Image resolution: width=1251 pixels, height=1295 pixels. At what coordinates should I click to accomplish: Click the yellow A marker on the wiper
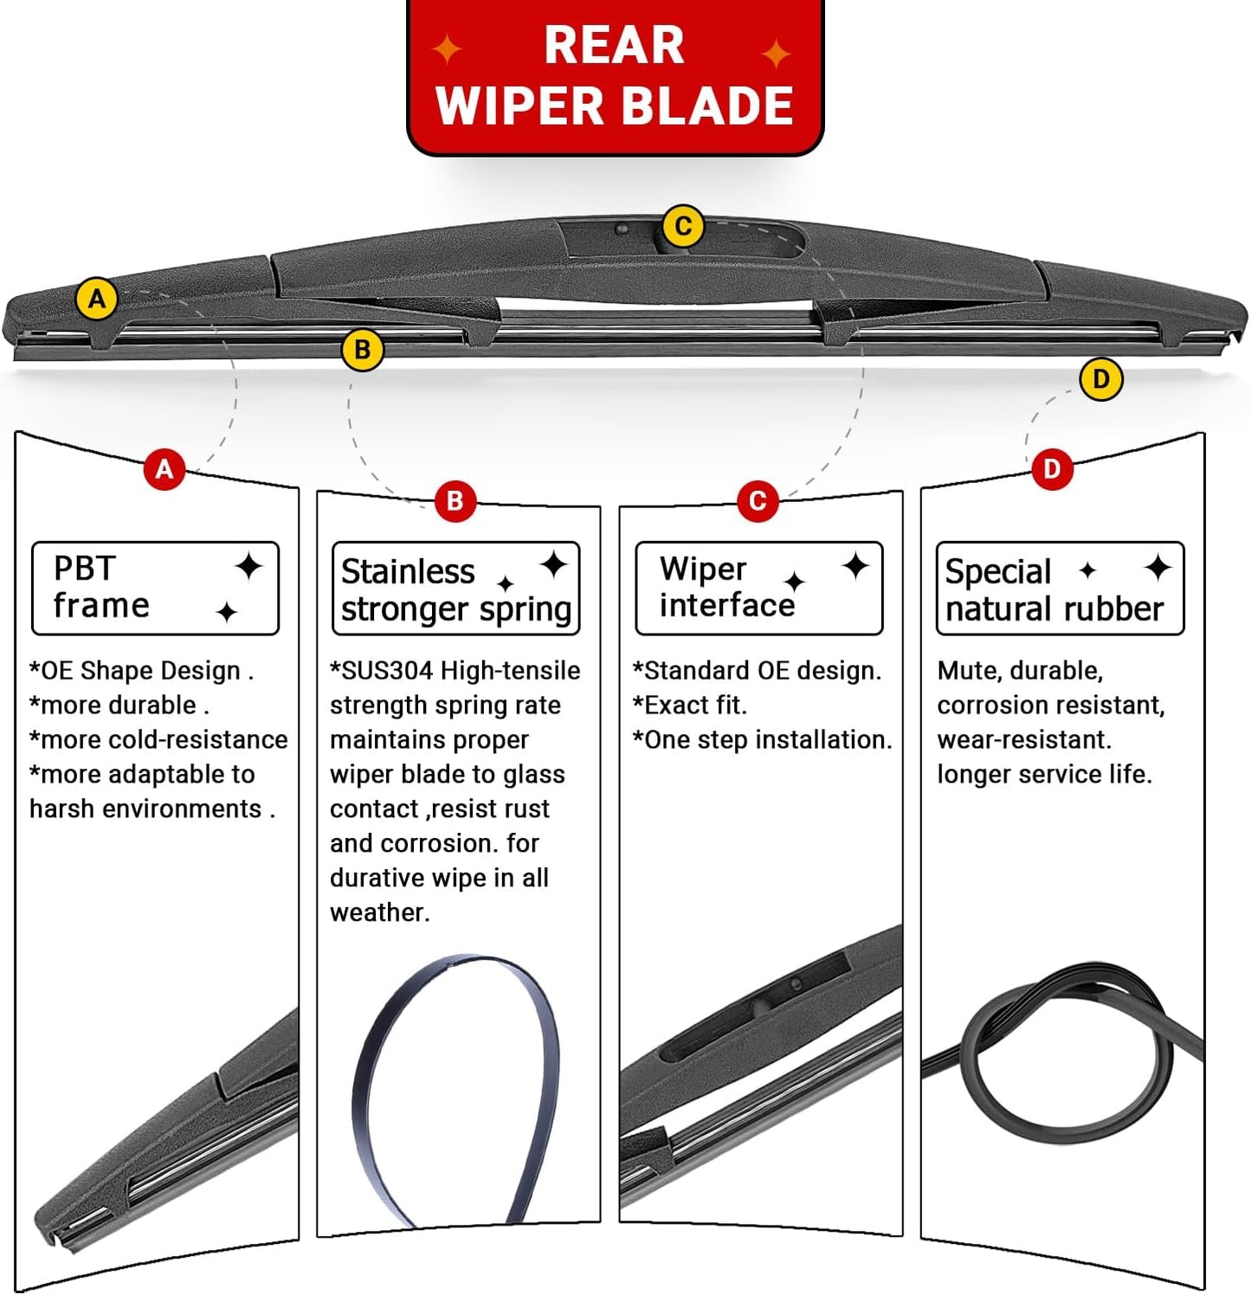coord(97,299)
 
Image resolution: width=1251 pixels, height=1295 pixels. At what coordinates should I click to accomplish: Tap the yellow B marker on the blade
coord(363,350)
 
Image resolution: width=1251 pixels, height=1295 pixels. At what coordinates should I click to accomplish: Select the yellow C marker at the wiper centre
coord(683,227)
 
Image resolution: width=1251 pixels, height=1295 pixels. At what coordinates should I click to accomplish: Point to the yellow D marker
coord(1100,379)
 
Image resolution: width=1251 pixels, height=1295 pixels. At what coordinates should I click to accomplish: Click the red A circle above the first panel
coord(164,469)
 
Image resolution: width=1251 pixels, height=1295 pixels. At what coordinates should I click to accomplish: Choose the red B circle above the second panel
coord(455,500)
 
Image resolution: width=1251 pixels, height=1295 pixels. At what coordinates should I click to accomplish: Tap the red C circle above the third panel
coord(758,500)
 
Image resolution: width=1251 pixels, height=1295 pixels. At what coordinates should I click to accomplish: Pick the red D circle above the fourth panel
coord(1052,469)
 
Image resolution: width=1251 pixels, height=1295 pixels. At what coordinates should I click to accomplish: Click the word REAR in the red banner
coord(614,46)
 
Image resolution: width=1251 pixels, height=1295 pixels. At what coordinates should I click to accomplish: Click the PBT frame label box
coord(155,589)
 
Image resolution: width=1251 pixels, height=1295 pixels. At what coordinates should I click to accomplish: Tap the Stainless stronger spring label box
coord(455,589)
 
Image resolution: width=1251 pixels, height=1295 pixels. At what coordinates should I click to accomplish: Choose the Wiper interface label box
coord(758,589)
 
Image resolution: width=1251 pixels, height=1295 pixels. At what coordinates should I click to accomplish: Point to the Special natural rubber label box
coord(1060,589)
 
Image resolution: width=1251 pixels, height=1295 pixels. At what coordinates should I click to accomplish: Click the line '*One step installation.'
coord(762,740)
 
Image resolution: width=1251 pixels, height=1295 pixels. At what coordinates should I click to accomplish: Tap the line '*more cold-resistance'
coord(158,740)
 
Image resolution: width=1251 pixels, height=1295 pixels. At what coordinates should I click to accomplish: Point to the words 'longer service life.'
coord(1044,775)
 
